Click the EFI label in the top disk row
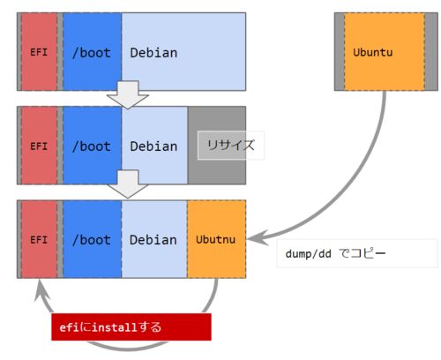click(39, 52)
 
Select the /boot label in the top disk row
click(92, 53)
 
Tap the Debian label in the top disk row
click(153, 53)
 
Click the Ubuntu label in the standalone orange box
click(373, 52)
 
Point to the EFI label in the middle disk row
click(39, 146)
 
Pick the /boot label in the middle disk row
click(92, 146)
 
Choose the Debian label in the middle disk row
click(153, 146)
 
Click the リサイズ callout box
click(231, 146)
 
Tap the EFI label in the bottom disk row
click(39, 240)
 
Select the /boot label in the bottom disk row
click(92, 240)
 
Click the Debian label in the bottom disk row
click(153, 240)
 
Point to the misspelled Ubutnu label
click(215, 239)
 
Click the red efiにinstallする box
click(131, 326)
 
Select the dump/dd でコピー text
click(335, 253)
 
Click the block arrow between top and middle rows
click(128, 94)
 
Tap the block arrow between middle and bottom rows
click(128, 184)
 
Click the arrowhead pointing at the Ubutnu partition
click(258, 237)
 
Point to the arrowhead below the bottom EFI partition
click(41, 289)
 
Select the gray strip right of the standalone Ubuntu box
click(431, 51)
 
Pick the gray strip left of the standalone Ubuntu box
click(340, 51)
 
